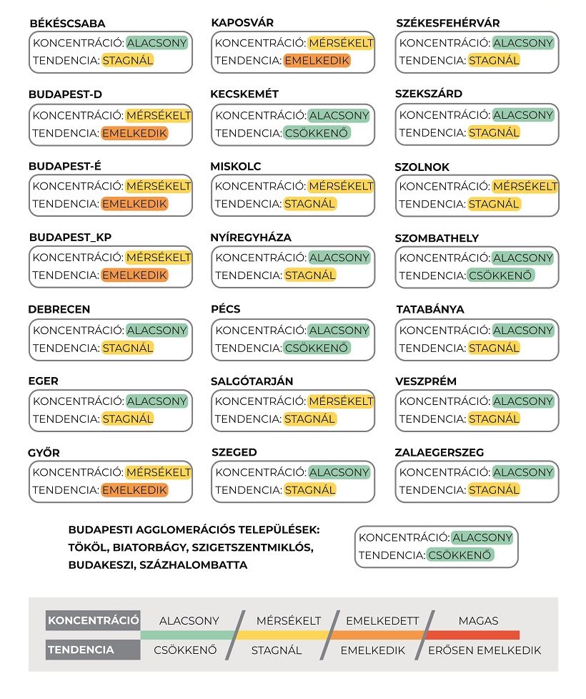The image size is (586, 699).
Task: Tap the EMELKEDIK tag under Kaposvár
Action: click(x=317, y=61)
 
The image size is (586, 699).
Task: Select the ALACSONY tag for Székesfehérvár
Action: click(x=523, y=43)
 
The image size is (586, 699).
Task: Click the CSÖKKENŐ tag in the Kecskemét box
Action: click(x=317, y=132)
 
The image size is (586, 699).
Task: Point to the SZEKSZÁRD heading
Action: click(x=428, y=94)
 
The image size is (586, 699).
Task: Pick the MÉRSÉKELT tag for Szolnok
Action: click(x=525, y=186)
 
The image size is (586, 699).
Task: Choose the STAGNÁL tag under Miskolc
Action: click(x=310, y=204)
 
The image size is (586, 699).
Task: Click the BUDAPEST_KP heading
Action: click(x=70, y=238)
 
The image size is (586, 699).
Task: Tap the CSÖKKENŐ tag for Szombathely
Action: click(x=500, y=275)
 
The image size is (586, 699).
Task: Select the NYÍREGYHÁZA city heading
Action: click(x=251, y=238)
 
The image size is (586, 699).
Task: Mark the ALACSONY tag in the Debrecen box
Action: click(x=157, y=331)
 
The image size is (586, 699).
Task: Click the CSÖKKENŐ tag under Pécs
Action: click(x=317, y=348)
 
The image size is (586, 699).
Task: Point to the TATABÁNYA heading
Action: click(x=430, y=309)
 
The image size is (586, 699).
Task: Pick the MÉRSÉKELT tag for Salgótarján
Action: click(x=341, y=401)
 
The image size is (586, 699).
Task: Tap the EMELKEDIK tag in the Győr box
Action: click(x=134, y=490)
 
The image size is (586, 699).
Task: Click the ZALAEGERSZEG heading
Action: click(x=439, y=452)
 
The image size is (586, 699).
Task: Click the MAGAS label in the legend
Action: click(x=478, y=620)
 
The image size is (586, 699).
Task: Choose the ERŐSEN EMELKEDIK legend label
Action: click(x=484, y=650)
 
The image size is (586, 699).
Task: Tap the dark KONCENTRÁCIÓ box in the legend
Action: click(x=93, y=620)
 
